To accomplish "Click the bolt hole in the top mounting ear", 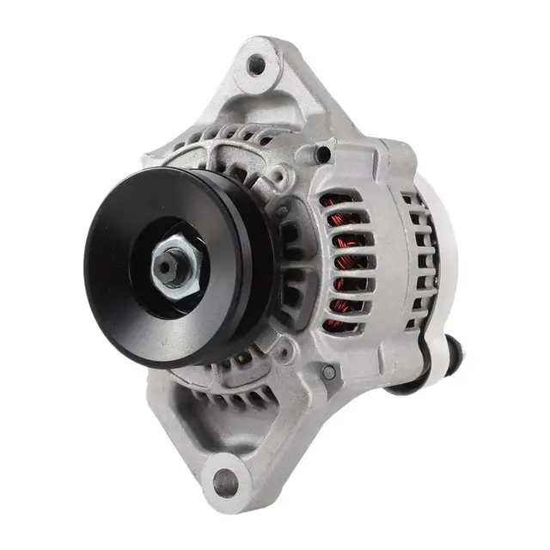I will [256, 63].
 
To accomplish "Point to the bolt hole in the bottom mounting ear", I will [226, 475].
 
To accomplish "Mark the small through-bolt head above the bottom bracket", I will [327, 372].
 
